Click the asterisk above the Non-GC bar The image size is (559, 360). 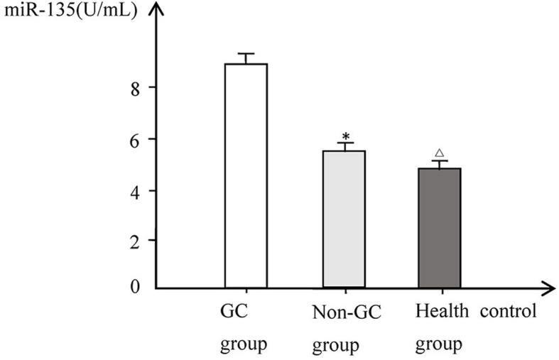pyautogui.click(x=346, y=136)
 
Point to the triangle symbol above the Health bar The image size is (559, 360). pyautogui.click(x=439, y=153)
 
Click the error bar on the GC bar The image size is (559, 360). pyautogui.click(x=246, y=58)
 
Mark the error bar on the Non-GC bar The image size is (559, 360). pyautogui.click(x=345, y=146)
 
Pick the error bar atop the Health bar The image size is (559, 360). pyautogui.click(x=439, y=164)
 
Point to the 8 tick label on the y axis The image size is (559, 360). pyautogui.click(x=132, y=87)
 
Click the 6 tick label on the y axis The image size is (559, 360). pyautogui.click(x=132, y=138)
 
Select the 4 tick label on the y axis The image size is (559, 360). pyautogui.click(x=132, y=190)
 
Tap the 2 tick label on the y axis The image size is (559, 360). pyautogui.click(x=132, y=240)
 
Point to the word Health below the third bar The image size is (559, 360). pyautogui.click(x=436, y=312)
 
